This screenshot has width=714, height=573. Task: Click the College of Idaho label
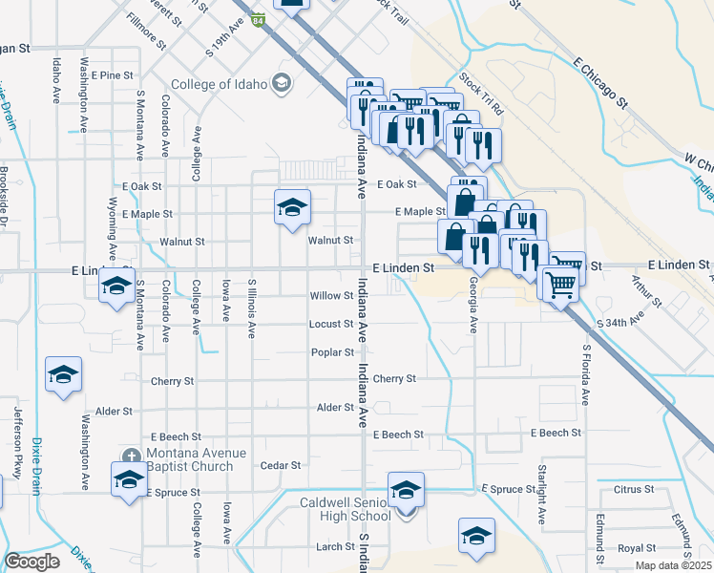pyautogui.click(x=220, y=83)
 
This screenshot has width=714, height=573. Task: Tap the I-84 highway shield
pyautogui.click(x=259, y=18)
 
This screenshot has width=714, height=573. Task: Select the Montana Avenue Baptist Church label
pyautogui.click(x=190, y=459)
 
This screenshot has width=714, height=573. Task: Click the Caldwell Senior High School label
pyautogui.click(x=345, y=509)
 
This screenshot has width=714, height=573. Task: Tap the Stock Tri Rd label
pyautogui.click(x=480, y=94)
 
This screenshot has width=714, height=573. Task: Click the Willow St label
pyautogui.click(x=331, y=296)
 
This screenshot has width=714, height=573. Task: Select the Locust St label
pyautogui.click(x=331, y=324)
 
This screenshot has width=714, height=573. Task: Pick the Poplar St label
pyautogui.click(x=332, y=352)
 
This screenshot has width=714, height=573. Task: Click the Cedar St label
pyautogui.click(x=281, y=465)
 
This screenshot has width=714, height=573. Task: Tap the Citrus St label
pyautogui.click(x=634, y=489)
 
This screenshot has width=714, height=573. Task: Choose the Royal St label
pyautogui.click(x=631, y=548)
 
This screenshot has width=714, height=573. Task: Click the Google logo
pyautogui.click(x=31, y=562)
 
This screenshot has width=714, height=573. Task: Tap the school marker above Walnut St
pyautogui.click(x=293, y=209)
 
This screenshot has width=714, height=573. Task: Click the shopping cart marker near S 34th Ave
pyautogui.click(x=560, y=284)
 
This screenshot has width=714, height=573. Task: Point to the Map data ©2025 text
pyautogui.click(x=674, y=565)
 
